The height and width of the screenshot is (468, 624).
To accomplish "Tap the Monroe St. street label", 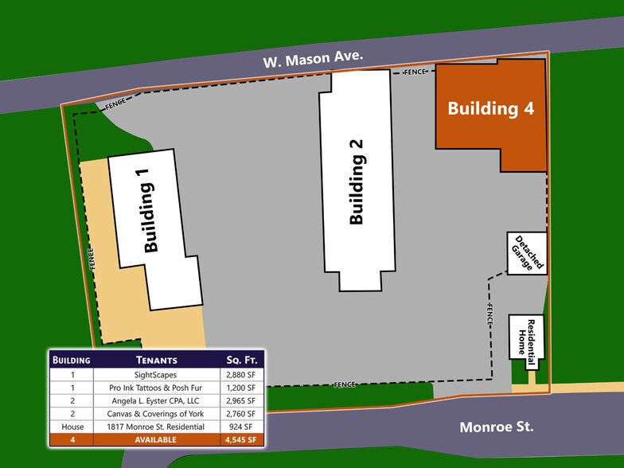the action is [x=496, y=427].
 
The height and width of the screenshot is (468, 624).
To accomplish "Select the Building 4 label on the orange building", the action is [x=490, y=109].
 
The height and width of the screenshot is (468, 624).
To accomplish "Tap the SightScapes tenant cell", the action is [x=155, y=373].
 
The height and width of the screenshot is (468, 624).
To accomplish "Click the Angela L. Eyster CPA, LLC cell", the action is [x=155, y=400].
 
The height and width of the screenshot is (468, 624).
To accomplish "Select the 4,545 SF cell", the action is [x=240, y=440].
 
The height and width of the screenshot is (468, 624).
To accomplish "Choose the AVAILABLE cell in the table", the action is [x=155, y=440].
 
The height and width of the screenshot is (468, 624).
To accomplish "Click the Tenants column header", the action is [x=155, y=360].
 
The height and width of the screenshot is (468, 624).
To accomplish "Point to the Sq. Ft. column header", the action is [x=240, y=360].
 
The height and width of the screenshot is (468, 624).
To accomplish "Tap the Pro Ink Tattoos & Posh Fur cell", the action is [x=155, y=387].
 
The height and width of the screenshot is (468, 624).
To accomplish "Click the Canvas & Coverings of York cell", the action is [x=155, y=414].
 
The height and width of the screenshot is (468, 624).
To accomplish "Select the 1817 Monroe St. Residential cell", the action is [x=155, y=427].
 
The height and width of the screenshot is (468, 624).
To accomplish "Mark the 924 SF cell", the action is [x=240, y=427].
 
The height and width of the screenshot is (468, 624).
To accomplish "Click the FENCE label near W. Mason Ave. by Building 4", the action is [x=415, y=72].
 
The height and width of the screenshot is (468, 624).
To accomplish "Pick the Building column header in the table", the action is [x=72, y=360].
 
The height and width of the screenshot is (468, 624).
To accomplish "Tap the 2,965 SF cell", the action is [x=240, y=400].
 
